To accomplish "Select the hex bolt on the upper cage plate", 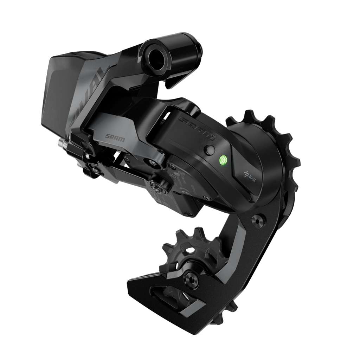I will (x=259, y=222).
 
